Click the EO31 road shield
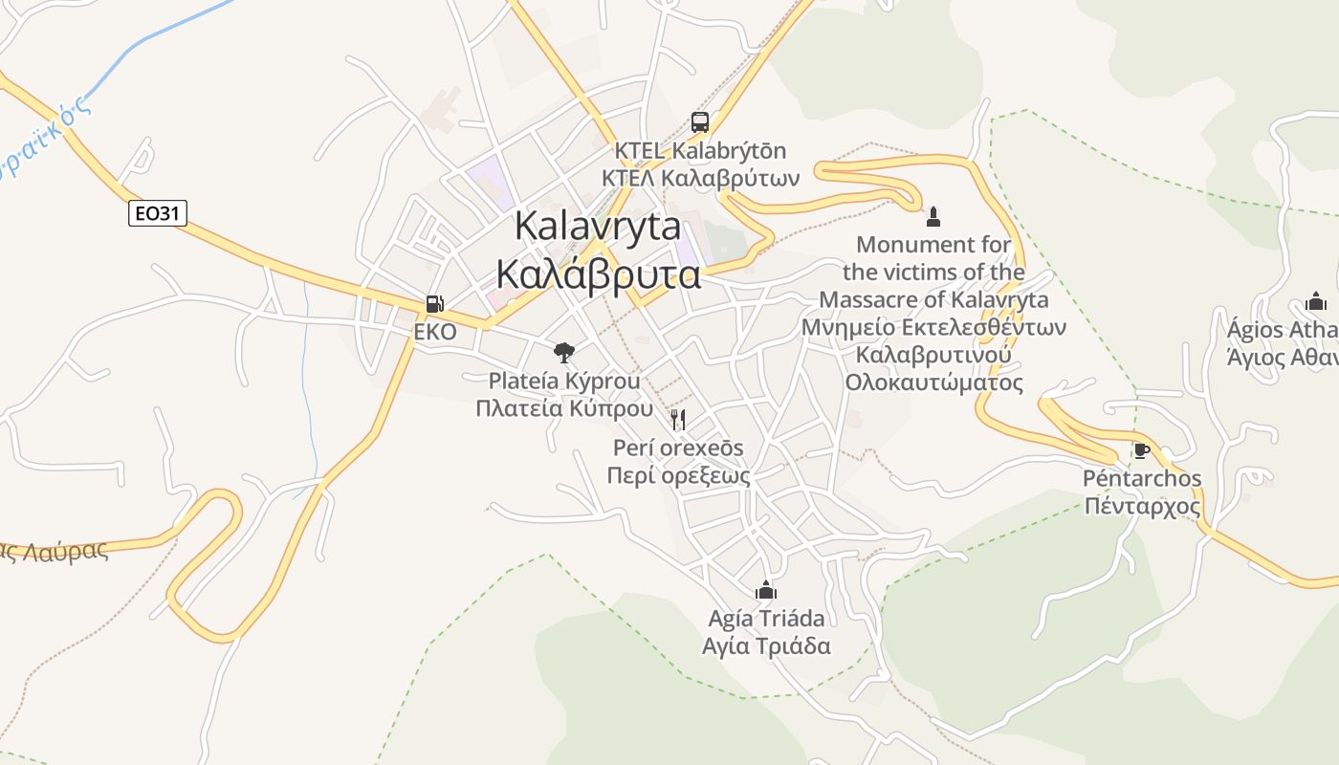(157, 213)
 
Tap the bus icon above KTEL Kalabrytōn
(700, 122)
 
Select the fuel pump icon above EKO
(434, 304)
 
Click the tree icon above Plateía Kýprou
(564, 352)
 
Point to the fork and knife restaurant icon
(678, 419)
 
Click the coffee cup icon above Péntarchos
(1140, 450)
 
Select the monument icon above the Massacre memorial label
(933, 215)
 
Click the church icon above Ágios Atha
(1316, 301)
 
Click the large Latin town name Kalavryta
(598, 227)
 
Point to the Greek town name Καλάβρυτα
(598, 274)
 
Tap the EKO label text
(434, 332)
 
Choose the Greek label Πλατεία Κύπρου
(564, 408)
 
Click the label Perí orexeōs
(678, 448)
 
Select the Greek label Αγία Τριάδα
(766, 645)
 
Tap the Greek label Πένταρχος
(1142, 505)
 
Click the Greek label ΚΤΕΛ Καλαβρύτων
(700, 179)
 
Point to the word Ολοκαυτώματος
(933, 382)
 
